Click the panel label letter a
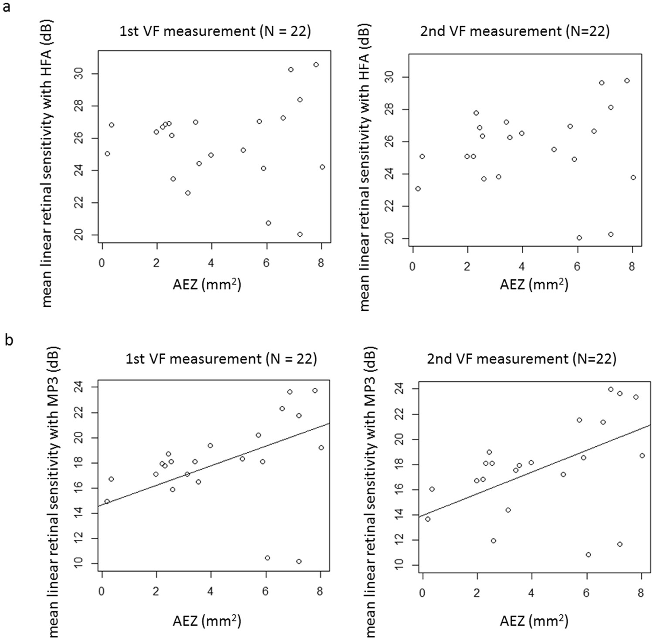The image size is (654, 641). click(x=7, y=7)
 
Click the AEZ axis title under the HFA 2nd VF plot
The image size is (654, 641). click(x=534, y=285)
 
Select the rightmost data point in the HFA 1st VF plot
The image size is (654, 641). click(x=322, y=167)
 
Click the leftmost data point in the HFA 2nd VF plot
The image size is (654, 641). click(x=418, y=189)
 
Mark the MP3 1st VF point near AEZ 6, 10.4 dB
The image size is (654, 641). click(x=268, y=558)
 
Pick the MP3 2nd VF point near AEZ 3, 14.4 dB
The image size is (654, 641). click(x=508, y=510)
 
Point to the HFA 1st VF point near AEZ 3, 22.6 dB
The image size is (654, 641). click(x=188, y=193)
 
